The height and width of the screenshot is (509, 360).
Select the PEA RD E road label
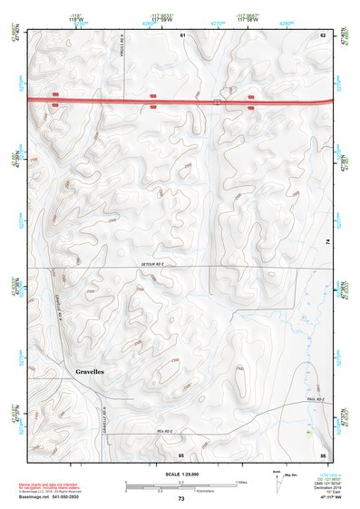[x=164, y=431]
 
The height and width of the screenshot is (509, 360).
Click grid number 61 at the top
[x=182, y=34]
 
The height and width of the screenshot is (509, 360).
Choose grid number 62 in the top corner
[x=322, y=34]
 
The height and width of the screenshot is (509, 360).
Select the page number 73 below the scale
[x=181, y=499]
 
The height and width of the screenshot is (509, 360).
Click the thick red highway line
[x=109, y=100]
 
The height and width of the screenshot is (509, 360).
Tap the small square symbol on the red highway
[x=217, y=103]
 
